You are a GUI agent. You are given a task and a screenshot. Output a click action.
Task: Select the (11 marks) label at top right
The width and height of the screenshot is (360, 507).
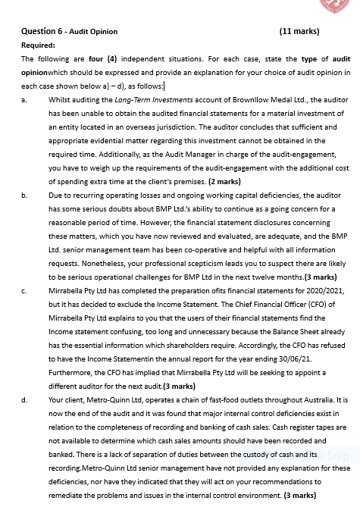click(x=299, y=32)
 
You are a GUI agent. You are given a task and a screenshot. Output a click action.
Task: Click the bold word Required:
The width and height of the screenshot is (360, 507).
click(x=39, y=45)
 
